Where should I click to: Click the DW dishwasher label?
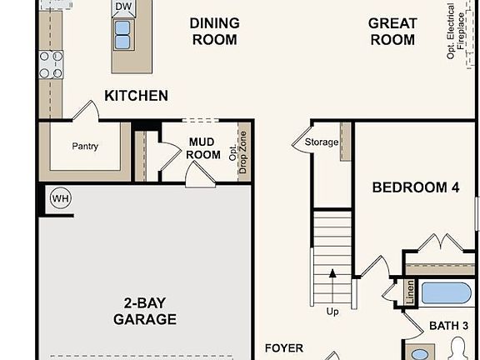(123, 7)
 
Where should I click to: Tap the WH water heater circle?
(60, 198)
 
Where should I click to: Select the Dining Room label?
(214, 31)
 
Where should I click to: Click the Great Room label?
(392, 31)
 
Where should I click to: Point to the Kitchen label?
(136, 96)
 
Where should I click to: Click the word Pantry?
(85, 147)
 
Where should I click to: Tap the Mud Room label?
(204, 148)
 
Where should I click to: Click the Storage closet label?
(321, 142)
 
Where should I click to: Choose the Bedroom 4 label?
(415, 187)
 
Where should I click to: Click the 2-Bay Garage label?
(145, 311)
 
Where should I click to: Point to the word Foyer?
(283, 347)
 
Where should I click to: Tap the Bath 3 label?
(448, 325)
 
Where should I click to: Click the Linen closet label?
(409, 292)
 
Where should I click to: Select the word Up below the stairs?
(332, 311)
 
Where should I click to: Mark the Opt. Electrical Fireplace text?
(456, 31)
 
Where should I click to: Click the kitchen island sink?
(122, 35)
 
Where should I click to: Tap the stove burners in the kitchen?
(51, 64)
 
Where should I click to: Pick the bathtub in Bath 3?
(446, 294)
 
